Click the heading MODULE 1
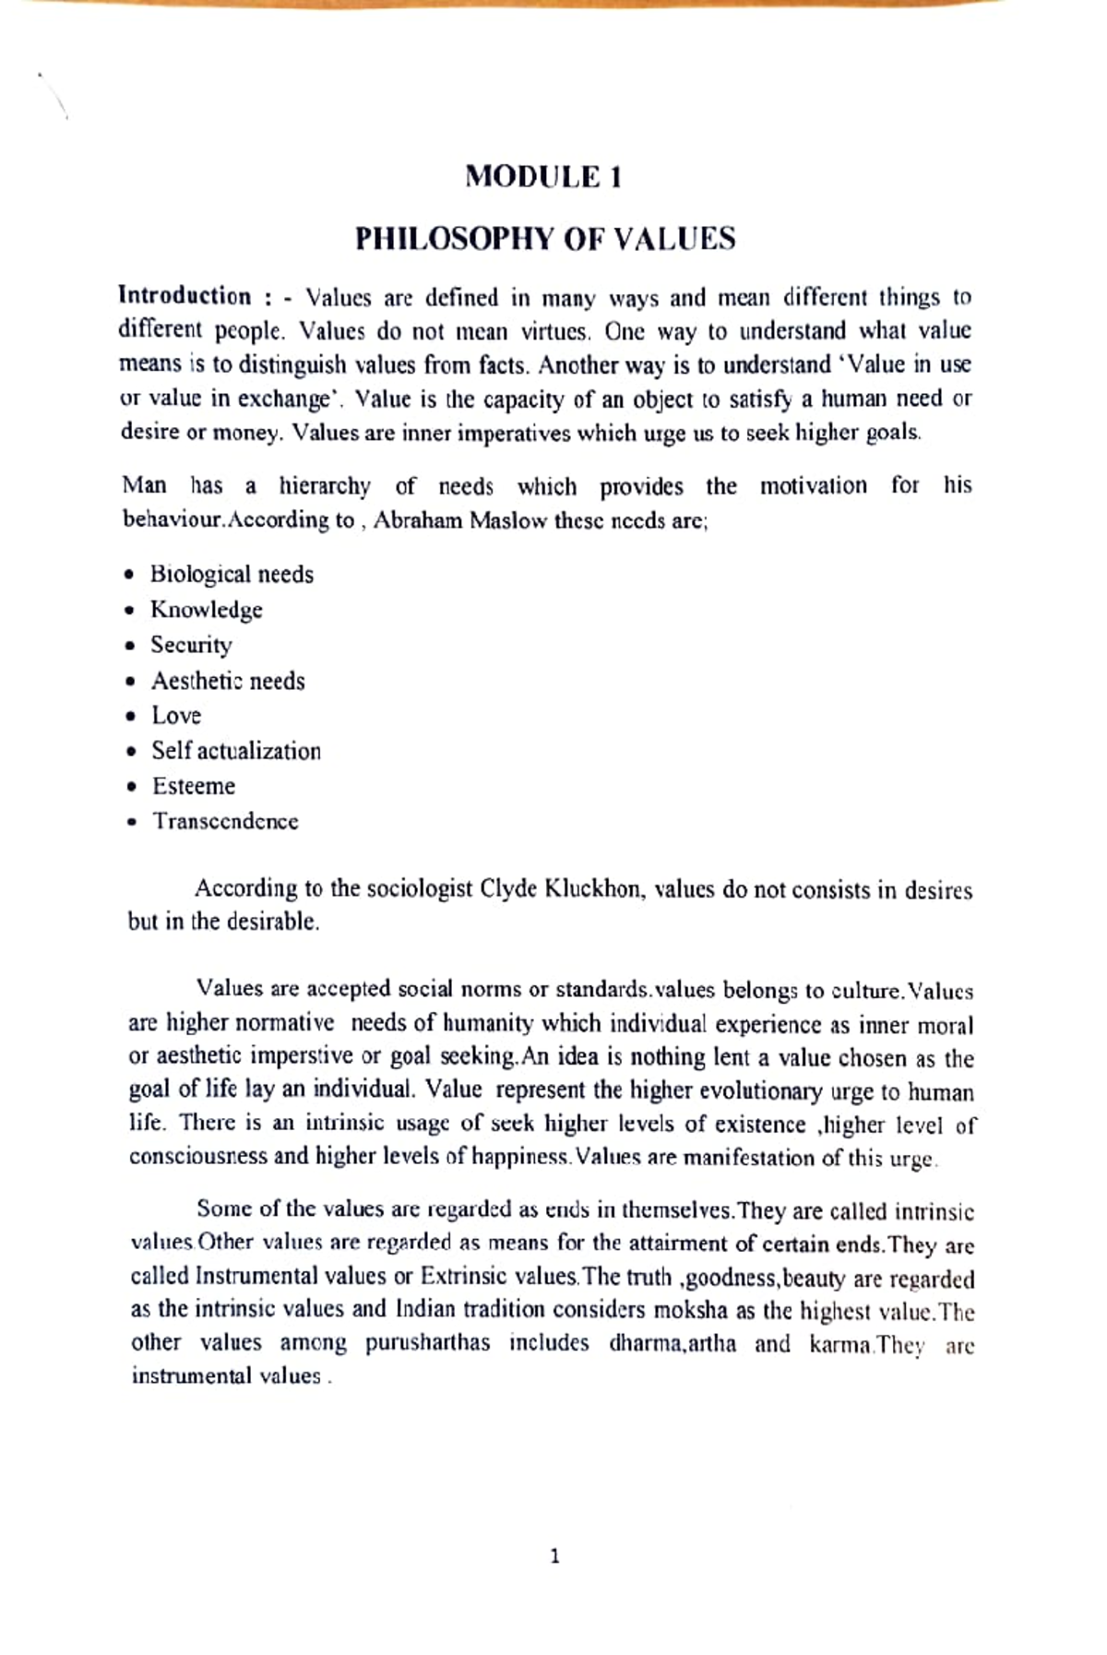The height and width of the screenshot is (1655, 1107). [x=543, y=176]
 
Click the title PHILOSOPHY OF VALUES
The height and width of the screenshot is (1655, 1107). [x=545, y=239]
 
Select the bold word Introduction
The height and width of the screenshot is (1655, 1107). [x=184, y=296]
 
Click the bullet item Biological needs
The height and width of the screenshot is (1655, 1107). [x=232, y=575]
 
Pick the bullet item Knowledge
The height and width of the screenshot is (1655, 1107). [x=207, y=610]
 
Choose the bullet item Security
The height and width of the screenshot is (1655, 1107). [x=192, y=645]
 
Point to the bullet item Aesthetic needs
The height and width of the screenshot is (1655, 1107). [x=228, y=681]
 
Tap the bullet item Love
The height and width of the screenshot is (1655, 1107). [x=176, y=716]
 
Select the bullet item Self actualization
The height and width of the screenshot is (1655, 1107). [x=236, y=751]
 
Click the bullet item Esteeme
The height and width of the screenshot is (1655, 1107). [x=194, y=786]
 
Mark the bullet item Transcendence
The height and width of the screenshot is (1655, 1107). [x=226, y=821]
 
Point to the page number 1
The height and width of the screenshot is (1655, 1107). [x=554, y=1557]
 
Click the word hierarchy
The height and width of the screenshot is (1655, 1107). [x=325, y=486]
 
